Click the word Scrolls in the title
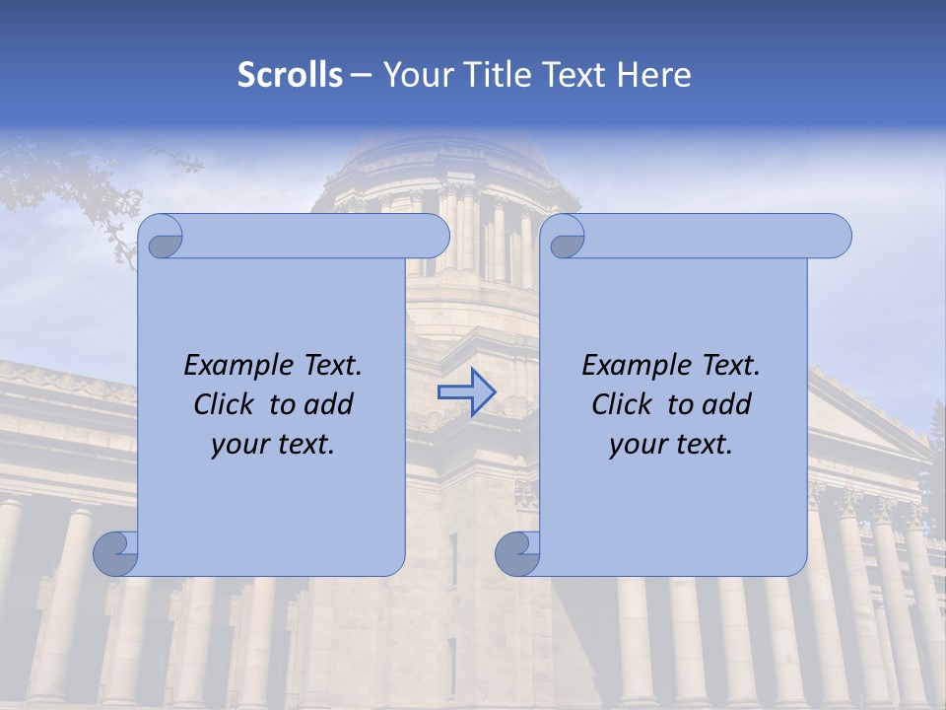pos(290,75)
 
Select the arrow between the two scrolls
pos(467,391)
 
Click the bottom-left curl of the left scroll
pos(116,554)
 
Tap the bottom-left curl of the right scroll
pos(518,554)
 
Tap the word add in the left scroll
pos(330,404)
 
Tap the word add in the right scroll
pos(728,404)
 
